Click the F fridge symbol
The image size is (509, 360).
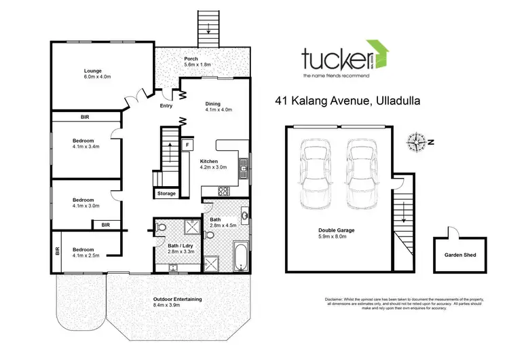[187, 145]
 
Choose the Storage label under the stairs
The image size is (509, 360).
[166, 194]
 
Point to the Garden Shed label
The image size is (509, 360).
[460, 255]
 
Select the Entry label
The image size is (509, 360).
[166, 106]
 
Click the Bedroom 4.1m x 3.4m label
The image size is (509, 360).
[86, 145]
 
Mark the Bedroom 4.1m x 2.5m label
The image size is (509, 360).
[86, 252]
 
